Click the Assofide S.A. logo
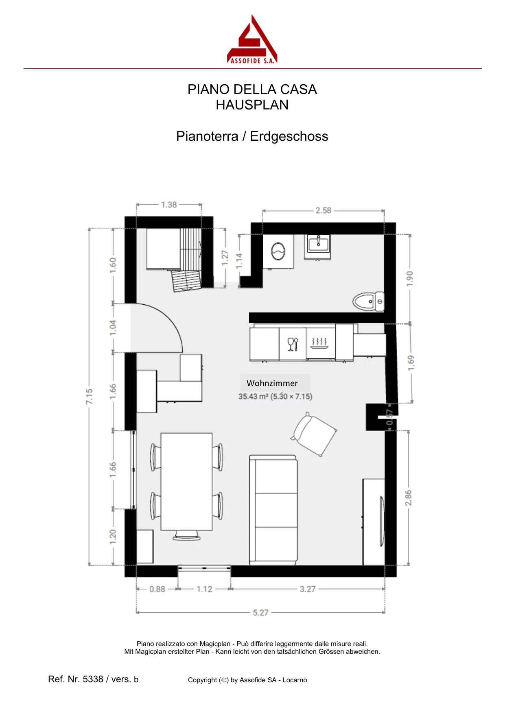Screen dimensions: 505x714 point(252,39)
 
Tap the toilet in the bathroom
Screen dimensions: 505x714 point(368,301)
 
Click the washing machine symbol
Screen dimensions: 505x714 point(278,251)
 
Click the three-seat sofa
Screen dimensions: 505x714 point(273,510)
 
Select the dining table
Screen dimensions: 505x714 point(187,482)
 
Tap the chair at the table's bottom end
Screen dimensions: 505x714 point(187,535)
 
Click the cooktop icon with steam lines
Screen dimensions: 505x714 point(319,343)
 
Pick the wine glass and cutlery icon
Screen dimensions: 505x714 point(293,344)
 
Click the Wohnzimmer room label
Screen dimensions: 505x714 point(272,383)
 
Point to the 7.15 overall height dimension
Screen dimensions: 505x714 point(89,397)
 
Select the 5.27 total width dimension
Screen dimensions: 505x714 point(261,613)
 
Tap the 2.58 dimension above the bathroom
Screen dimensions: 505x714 point(324,210)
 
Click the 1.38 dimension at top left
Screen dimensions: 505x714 point(169,205)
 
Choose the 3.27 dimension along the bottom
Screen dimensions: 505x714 point(308,589)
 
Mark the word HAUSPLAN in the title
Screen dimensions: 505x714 point(252,105)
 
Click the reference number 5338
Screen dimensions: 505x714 point(93,679)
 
